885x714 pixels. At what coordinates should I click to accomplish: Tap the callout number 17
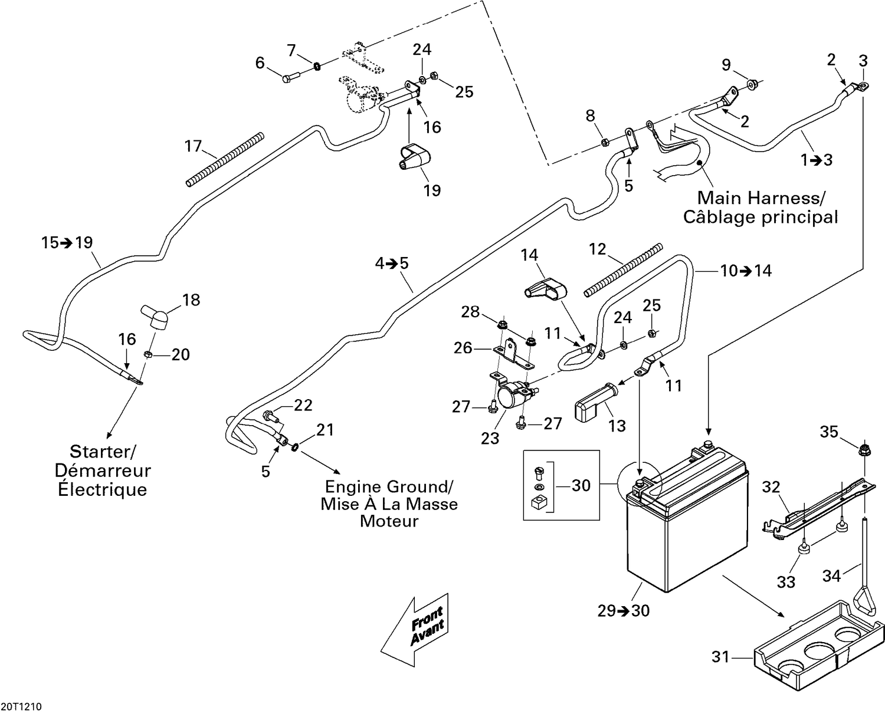click(x=193, y=146)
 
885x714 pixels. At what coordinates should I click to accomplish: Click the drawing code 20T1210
click(x=21, y=706)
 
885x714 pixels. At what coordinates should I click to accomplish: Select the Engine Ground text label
click(x=389, y=487)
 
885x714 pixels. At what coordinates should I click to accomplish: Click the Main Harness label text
click(x=761, y=198)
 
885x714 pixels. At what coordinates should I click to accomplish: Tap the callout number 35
click(x=829, y=432)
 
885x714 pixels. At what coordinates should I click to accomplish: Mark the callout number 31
click(x=720, y=656)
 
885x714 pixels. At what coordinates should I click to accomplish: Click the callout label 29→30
click(x=624, y=611)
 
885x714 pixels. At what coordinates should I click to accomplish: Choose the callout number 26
click(x=463, y=348)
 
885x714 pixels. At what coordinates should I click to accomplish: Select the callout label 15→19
click(x=67, y=242)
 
